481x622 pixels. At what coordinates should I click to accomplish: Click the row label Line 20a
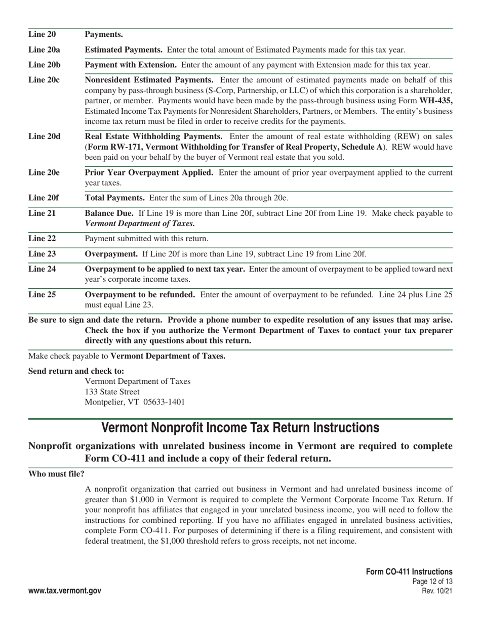(44, 50)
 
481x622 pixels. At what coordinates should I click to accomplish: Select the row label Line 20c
(44, 80)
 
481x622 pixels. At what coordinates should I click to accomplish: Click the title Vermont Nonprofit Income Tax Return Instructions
(240, 428)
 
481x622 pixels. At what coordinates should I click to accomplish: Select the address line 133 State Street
(112, 391)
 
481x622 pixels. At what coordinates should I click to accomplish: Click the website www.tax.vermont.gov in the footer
(65, 591)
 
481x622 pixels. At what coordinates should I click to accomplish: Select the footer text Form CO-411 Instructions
(409, 572)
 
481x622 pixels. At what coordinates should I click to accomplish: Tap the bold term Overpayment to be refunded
(140, 294)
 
